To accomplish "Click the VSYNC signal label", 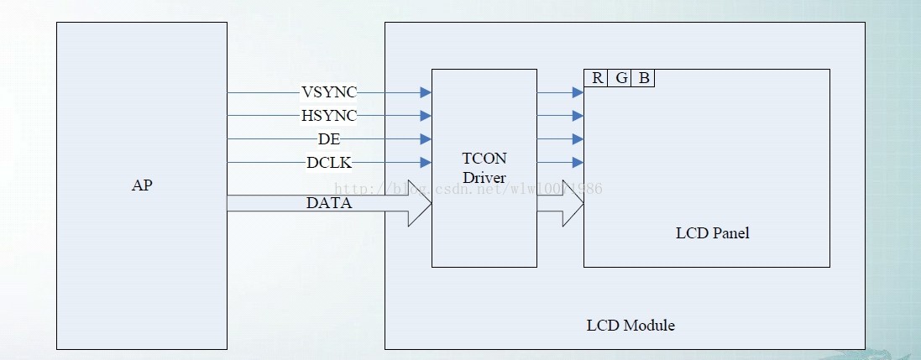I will (329, 91).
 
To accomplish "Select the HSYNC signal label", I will (329, 115).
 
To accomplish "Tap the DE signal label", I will (329, 138).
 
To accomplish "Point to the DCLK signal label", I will (329, 162).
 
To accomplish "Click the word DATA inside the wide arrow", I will (329, 203).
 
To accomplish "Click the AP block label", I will (142, 185).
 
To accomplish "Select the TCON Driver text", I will (484, 167).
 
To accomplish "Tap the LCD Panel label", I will (712, 233).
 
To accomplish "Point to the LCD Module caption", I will (630, 325).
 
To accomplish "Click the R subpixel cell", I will (597, 78).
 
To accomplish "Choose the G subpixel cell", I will (621, 78).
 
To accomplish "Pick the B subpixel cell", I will (644, 78).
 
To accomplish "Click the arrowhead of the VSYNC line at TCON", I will (426, 92).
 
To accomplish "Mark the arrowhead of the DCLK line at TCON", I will (426, 163).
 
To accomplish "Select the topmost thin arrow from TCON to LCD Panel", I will (560, 92).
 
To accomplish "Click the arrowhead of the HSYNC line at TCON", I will (426, 116).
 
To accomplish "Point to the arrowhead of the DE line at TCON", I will (426, 139).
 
